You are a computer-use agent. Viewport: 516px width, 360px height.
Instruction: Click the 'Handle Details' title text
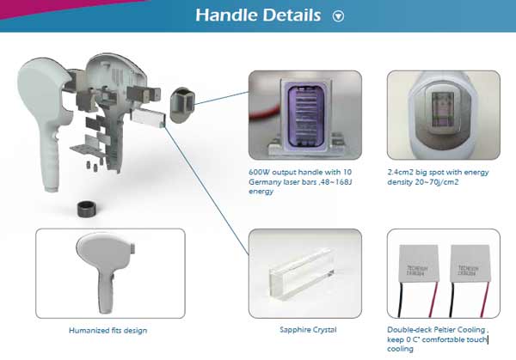click(x=258, y=15)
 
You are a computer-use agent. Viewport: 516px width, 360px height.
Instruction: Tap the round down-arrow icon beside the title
click(x=338, y=16)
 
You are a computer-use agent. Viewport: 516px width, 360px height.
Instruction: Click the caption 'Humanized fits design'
click(x=109, y=329)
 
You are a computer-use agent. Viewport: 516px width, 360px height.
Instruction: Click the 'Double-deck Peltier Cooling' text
click(x=438, y=329)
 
